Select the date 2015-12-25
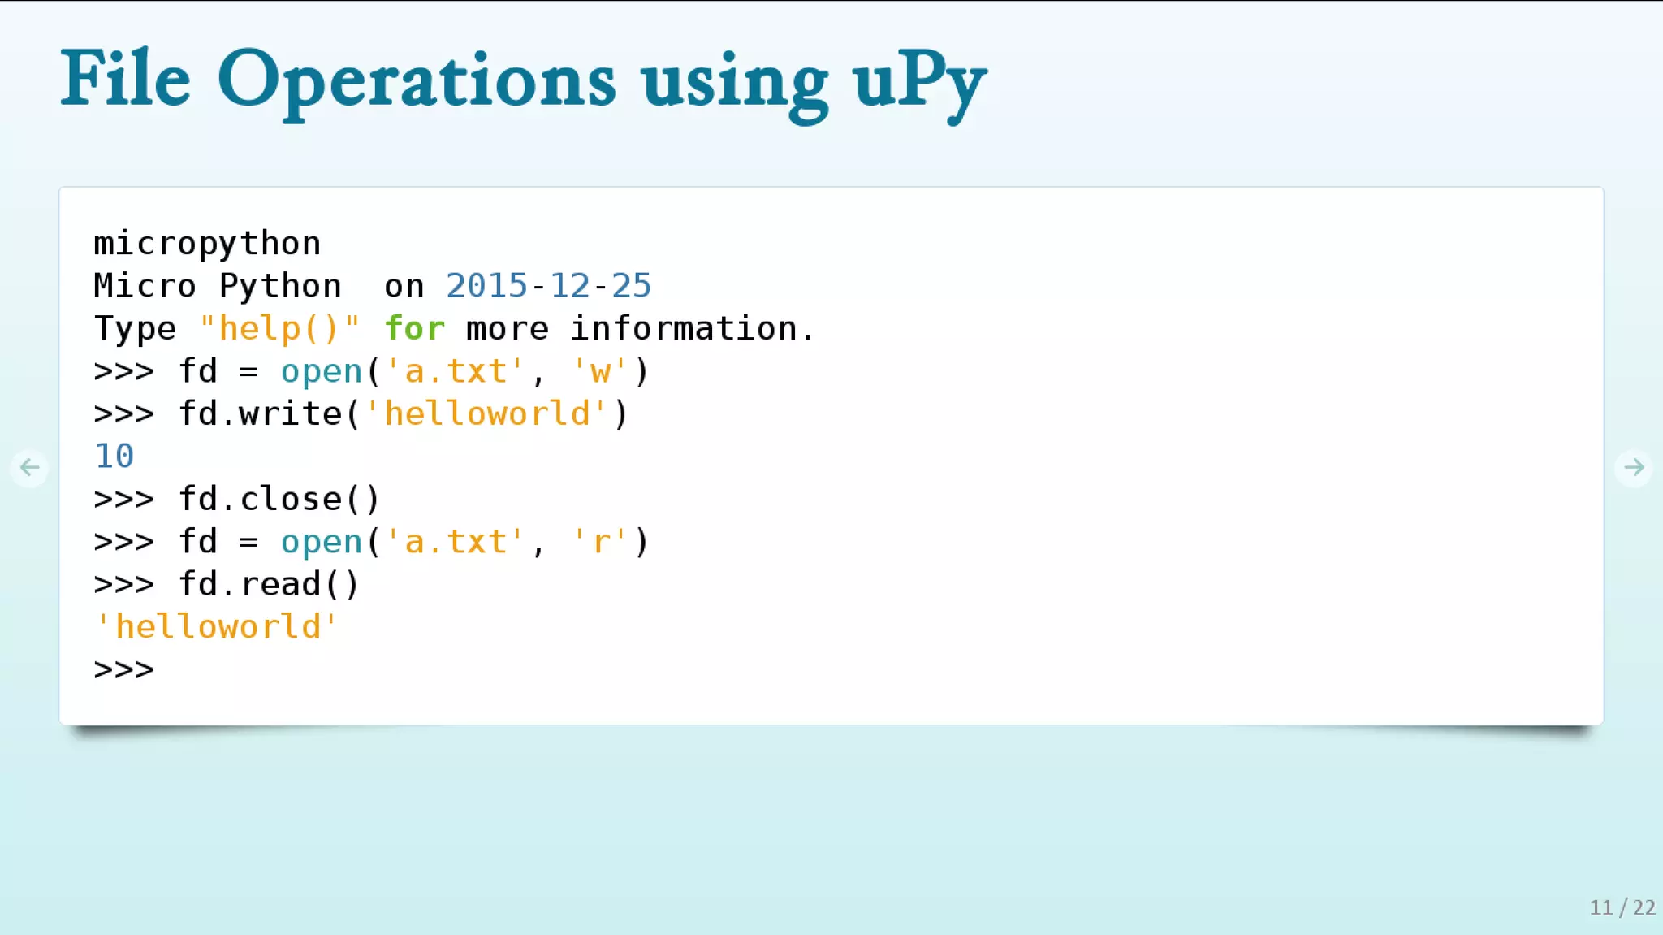tap(548, 286)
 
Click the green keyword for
tap(414, 329)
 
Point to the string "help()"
tap(279, 329)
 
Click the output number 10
tap(114, 457)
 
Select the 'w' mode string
tap(600, 371)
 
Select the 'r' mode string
tap(600, 542)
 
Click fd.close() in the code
tap(279, 499)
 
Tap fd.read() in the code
tap(269, 584)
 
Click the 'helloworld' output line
tap(217, 627)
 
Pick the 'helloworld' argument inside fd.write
tap(486, 413)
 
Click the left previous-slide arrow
tap(30, 467)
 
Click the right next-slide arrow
tap(1633, 467)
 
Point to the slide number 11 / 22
tap(1622, 907)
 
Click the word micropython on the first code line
tap(207, 244)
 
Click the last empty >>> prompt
tap(123, 669)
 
